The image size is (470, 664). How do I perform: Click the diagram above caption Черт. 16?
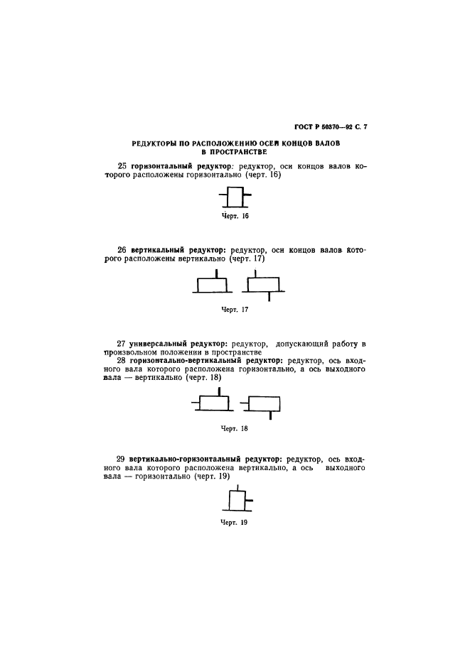[x=234, y=196]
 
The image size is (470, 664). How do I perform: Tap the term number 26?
[x=122, y=250]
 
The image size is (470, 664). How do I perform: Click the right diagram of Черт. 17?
[x=264, y=284]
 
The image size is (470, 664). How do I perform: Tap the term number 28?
[x=122, y=361]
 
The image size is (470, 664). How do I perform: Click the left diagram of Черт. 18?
[x=212, y=403]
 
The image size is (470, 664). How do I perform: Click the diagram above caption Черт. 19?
[x=235, y=501]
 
